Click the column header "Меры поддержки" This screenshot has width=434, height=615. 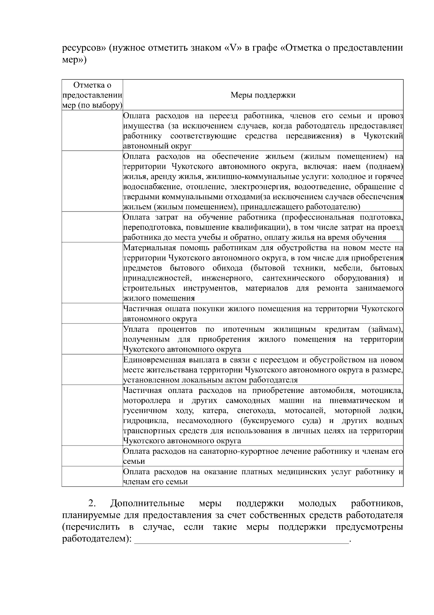(x=263, y=95)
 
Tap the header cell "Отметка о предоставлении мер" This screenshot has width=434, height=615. (x=92, y=95)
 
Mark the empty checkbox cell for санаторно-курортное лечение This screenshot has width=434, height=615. (x=92, y=456)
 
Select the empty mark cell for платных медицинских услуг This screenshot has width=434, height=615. (x=92, y=476)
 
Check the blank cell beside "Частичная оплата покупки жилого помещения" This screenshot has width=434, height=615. (x=92, y=313)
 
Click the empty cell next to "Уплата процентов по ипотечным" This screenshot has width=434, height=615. (x=92, y=339)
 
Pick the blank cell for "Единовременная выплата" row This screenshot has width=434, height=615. (x=92, y=369)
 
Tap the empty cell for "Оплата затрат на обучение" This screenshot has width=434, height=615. (x=92, y=227)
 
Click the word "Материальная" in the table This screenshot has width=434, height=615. (x=149, y=248)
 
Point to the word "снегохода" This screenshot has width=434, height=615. (x=256, y=410)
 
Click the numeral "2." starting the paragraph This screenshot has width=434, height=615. (x=92, y=503)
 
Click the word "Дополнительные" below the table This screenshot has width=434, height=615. (x=148, y=503)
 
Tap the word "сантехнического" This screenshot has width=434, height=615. (x=293, y=278)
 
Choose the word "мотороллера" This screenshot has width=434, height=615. (x=147, y=400)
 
